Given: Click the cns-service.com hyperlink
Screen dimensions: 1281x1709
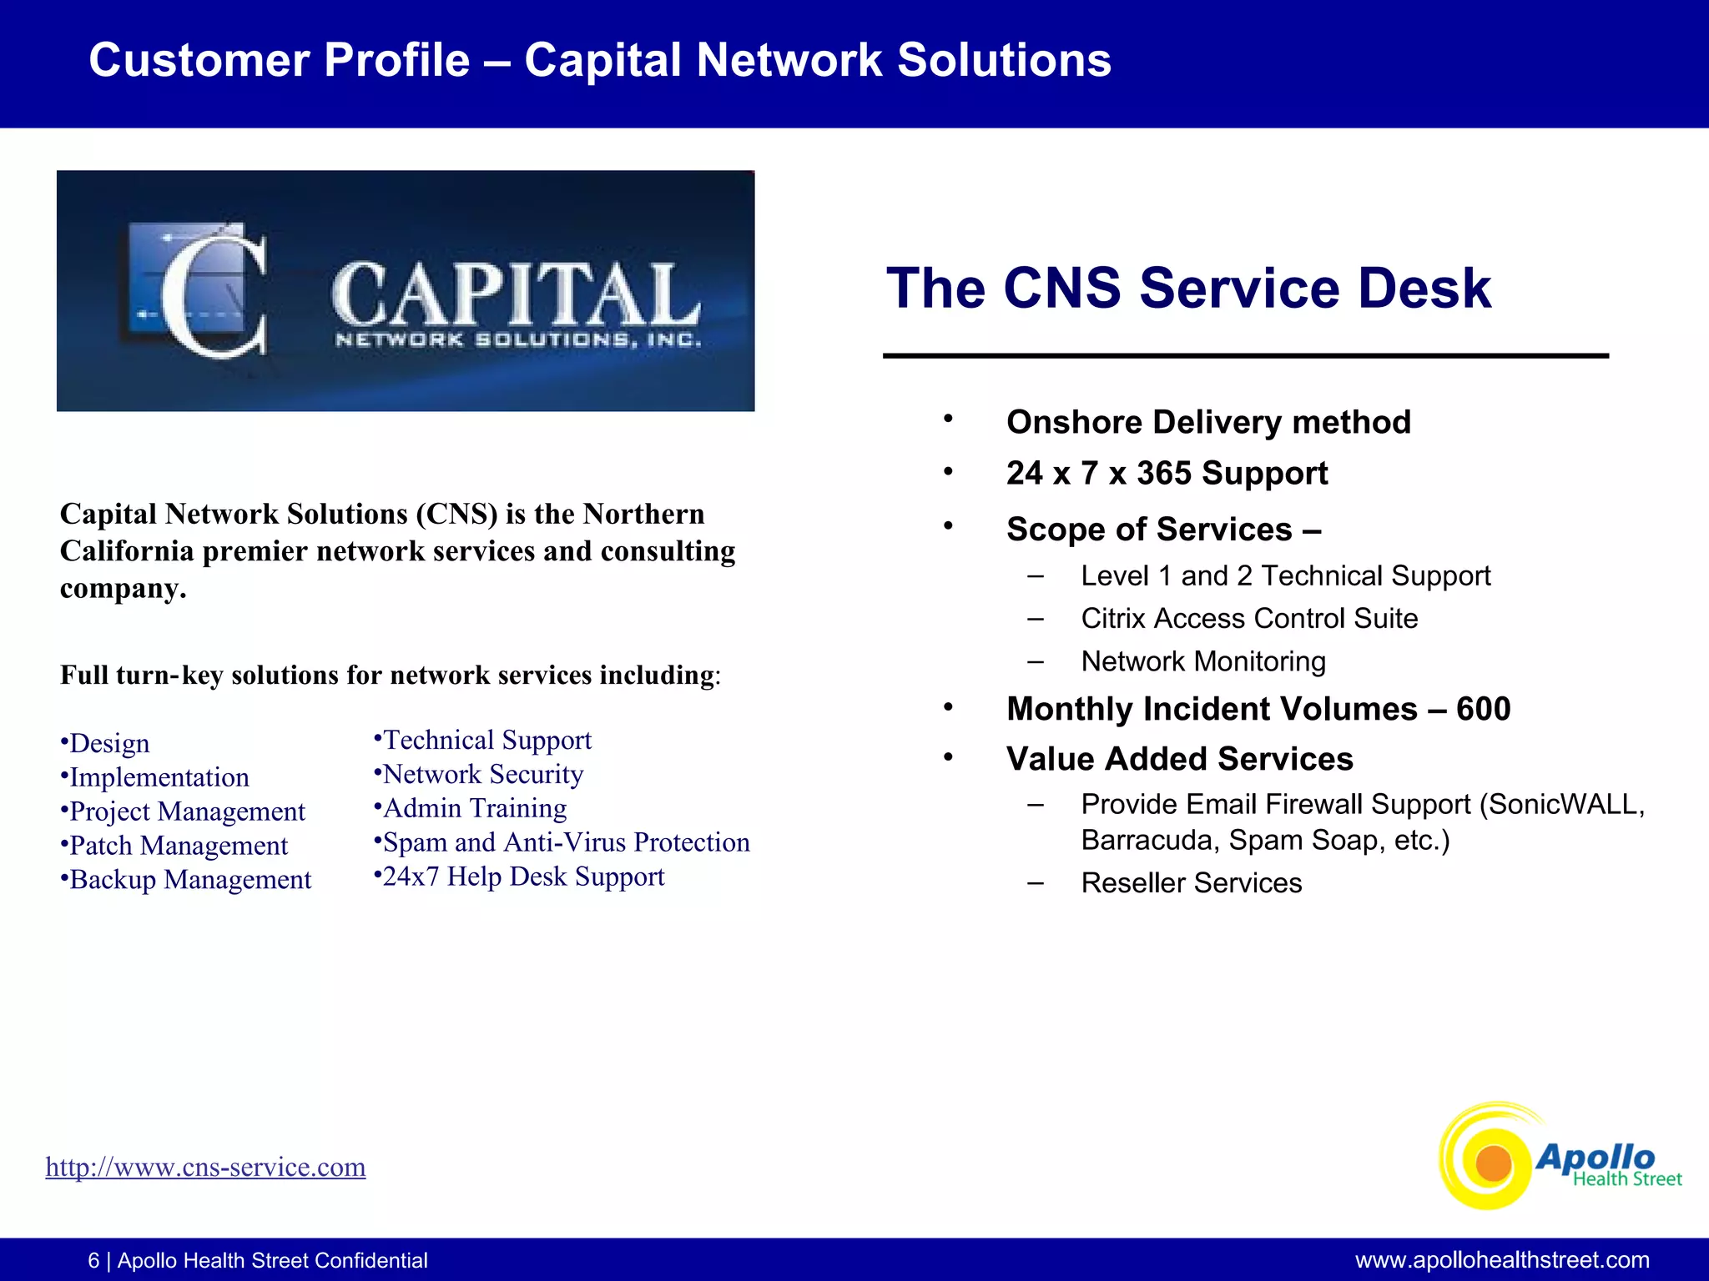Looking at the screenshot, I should point(205,1167).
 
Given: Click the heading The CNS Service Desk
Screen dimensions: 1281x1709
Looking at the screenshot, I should point(1187,289).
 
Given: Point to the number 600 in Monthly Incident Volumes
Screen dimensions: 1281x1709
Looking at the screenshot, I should point(1483,709).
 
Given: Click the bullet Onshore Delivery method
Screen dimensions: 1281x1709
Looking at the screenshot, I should point(1207,422).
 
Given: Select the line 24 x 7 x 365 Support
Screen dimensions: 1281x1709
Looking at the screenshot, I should point(1166,473).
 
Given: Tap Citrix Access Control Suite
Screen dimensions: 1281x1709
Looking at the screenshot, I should point(1248,619).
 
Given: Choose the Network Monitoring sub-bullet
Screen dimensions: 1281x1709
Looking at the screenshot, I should point(1202,661).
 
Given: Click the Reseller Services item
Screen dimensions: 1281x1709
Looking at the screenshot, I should point(1191,883).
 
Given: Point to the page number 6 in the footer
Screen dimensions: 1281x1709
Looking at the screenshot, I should point(93,1260).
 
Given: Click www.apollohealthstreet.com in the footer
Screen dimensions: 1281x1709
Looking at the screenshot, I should point(1501,1260).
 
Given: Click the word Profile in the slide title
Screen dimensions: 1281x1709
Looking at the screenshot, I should point(396,60).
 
